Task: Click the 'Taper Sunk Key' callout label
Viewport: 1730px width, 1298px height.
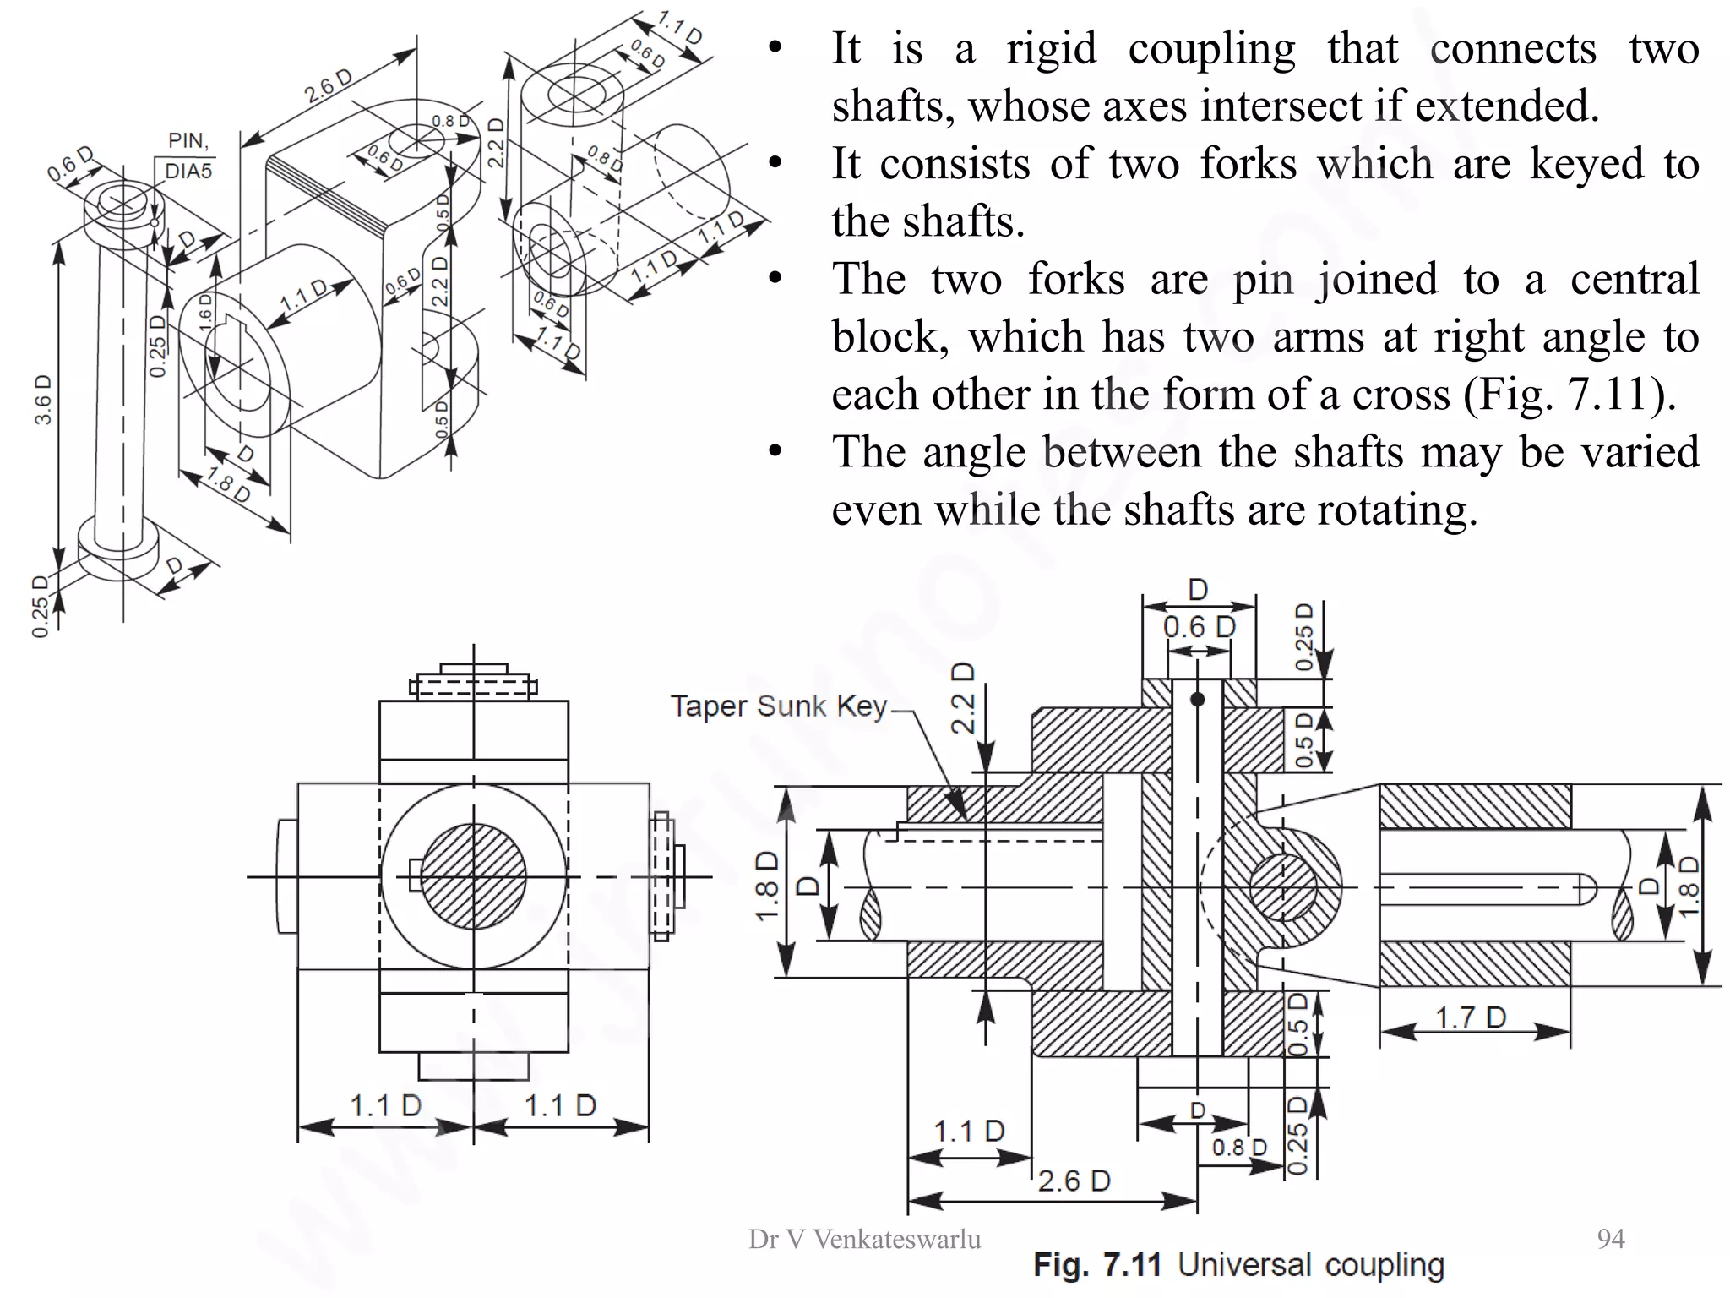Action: pyautogui.click(x=778, y=706)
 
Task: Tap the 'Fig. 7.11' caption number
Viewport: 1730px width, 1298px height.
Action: pyautogui.click(x=1097, y=1265)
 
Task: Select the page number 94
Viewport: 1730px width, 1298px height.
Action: pyautogui.click(x=1610, y=1239)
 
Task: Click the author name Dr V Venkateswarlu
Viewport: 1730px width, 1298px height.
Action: pyautogui.click(x=864, y=1240)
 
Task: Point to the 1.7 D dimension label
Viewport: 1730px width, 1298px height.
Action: pyautogui.click(x=1471, y=1017)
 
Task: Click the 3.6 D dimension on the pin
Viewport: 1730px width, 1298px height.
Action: pyautogui.click(x=43, y=399)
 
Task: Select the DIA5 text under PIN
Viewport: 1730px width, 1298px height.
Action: pyautogui.click(x=188, y=172)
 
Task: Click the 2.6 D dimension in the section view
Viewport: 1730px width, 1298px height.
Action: pyautogui.click(x=1073, y=1181)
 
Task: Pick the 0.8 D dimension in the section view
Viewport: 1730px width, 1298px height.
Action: pyautogui.click(x=1239, y=1148)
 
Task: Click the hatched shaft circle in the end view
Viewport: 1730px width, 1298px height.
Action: pyautogui.click(x=473, y=876)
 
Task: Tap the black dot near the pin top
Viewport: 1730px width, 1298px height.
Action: pyautogui.click(x=1197, y=700)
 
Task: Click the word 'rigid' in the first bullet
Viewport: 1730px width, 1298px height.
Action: pyautogui.click(x=1051, y=48)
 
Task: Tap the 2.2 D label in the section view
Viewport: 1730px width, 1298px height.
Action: pyautogui.click(x=963, y=698)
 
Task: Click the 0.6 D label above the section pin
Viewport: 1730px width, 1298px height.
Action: pyautogui.click(x=1199, y=627)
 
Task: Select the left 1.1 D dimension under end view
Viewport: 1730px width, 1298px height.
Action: pyautogui.click(x=385, y=1105)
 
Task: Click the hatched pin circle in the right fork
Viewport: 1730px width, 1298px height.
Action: pyautogui.click(x=1282, y=887)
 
